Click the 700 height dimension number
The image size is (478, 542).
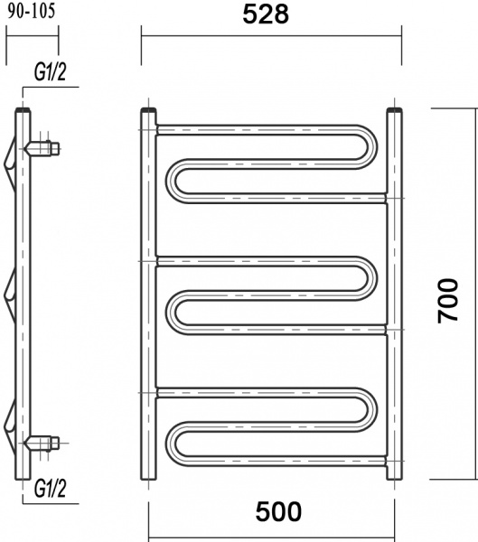click(x=448, y=300)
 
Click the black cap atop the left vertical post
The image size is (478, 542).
click(x=148, y=111)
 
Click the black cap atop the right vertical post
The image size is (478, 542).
click(x=394, y=111)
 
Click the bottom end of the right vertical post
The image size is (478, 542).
click(x=394, y=476)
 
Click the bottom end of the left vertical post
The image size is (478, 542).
click(x=148, y=476)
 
